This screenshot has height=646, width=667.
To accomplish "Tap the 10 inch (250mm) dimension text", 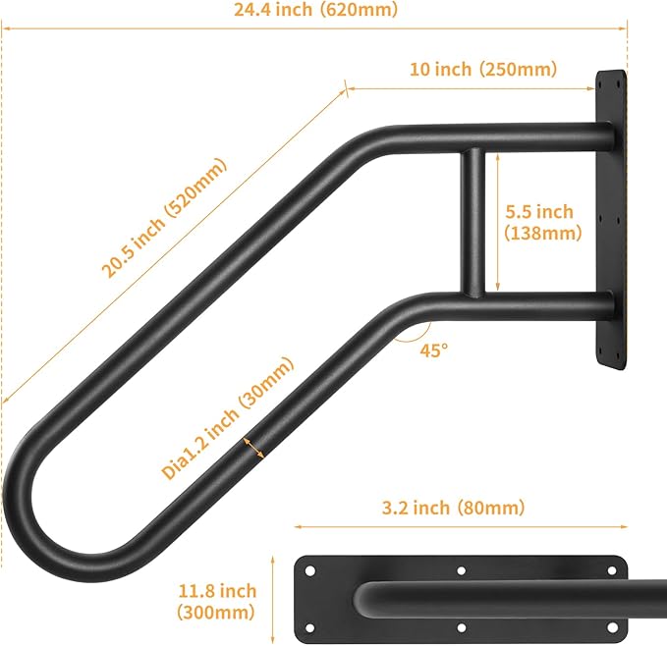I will pyautogui.click(x=482, y=69).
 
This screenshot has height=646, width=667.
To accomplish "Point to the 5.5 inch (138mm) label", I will pyautogui.click(x=538, y=222).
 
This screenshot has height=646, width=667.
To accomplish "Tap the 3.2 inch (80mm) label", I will pyautogui.click(x=453, y=508).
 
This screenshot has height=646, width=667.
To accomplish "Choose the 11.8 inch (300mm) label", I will pyautogui.click(x=217, y=601).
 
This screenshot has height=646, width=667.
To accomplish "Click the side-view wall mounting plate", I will pyautogui.click(x=609, y=219).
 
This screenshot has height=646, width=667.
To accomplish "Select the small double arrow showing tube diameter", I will pyautogui.click(x=253, y=447).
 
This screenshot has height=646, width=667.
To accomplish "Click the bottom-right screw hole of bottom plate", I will pyautogui.click(x=614, y=626).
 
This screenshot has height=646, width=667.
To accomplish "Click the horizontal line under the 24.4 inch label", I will pyautogui.click(x=314, y=27).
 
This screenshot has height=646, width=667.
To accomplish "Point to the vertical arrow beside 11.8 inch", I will pyautogui.click(x=272, y=599).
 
